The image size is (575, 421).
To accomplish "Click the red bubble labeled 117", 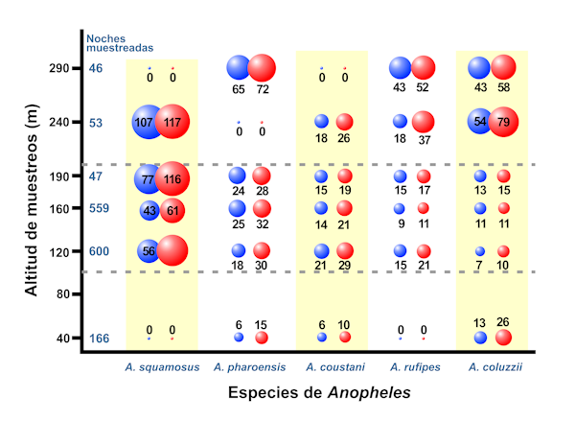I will point(173,123).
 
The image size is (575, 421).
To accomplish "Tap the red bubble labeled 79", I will point(503,122).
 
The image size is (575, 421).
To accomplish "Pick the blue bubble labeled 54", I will point(481,122).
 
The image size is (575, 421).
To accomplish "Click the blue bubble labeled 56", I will point(149,250).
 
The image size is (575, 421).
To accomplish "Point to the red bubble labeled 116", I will point(173,179).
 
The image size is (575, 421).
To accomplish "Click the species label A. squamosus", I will point(161,367).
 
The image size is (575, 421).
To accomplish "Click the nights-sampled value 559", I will point(100,208).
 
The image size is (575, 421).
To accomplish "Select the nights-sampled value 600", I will point(100,251).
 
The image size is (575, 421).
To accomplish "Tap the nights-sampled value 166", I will point(100,339).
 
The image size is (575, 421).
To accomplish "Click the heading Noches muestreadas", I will point(119,43).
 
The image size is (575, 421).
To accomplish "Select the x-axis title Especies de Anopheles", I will point(319,393).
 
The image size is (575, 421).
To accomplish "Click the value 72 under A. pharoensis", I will point(262,88).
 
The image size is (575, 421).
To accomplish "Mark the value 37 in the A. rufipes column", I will point(423,139).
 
